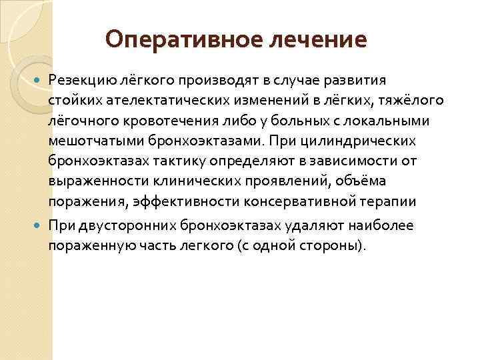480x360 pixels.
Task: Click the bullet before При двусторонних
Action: (38, 225)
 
